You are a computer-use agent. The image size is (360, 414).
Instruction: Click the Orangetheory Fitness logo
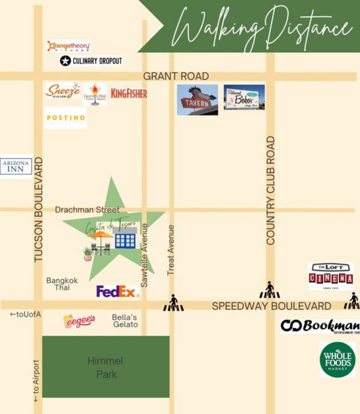tap(69, 46)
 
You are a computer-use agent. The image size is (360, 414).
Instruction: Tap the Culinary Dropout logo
tap(91, 60)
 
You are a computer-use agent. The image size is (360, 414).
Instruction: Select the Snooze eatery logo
tap(63, 91)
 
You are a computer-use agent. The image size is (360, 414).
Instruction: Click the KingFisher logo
tap(129, 93)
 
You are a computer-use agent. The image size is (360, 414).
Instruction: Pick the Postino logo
tap(65, 117)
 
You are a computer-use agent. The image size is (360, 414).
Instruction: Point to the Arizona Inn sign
tap(16, 166)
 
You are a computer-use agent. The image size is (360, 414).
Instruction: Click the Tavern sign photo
tap(197, 100)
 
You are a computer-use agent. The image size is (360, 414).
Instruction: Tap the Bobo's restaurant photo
tap(244, 98)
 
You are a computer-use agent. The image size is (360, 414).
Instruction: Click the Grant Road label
tap(176, 76)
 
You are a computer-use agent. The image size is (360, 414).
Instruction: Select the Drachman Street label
tap(87, 210)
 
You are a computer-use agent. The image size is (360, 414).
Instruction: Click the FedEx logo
tap(116, 292)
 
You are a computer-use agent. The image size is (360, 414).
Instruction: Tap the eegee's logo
tap(79, 321)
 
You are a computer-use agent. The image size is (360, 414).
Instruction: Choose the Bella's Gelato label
tap(125, 321)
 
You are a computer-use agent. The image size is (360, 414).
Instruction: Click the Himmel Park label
tap(105, 367)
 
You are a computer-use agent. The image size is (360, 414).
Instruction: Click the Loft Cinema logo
tap(331, 276)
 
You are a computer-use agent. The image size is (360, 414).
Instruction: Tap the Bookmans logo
tap(320, 326)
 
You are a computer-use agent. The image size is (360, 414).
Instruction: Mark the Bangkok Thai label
tap(62, 284)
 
